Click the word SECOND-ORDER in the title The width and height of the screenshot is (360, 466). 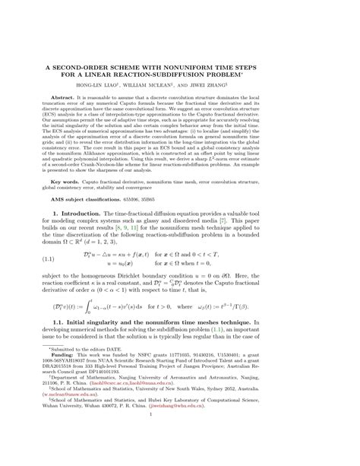101,67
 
